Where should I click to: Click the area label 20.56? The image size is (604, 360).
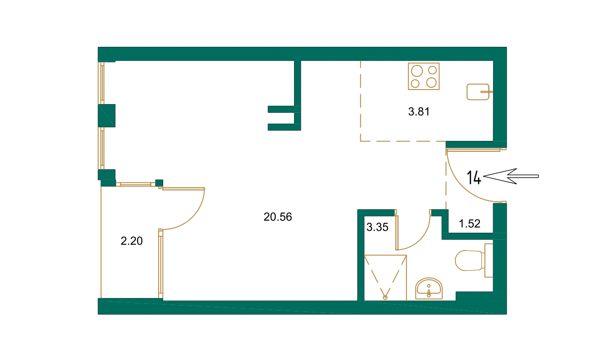coord(278,217)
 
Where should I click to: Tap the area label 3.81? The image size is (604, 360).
coord(419,112)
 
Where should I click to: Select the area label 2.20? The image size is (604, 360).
coord(132,241)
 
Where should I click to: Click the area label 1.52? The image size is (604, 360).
coord(470,223)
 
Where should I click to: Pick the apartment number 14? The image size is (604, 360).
coord(474,177)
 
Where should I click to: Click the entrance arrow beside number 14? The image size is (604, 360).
coord(511,176)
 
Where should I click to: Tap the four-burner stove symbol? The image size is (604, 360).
coord(424,76)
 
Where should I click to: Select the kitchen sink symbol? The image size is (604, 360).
coord(478,91)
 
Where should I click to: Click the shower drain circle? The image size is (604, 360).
coord(385,297)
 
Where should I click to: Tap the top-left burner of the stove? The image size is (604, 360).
coord(416,70)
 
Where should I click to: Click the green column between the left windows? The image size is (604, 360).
coord(107,115)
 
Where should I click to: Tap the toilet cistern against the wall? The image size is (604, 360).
coord(489,260)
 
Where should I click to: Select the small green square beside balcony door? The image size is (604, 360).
coord(159,183)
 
